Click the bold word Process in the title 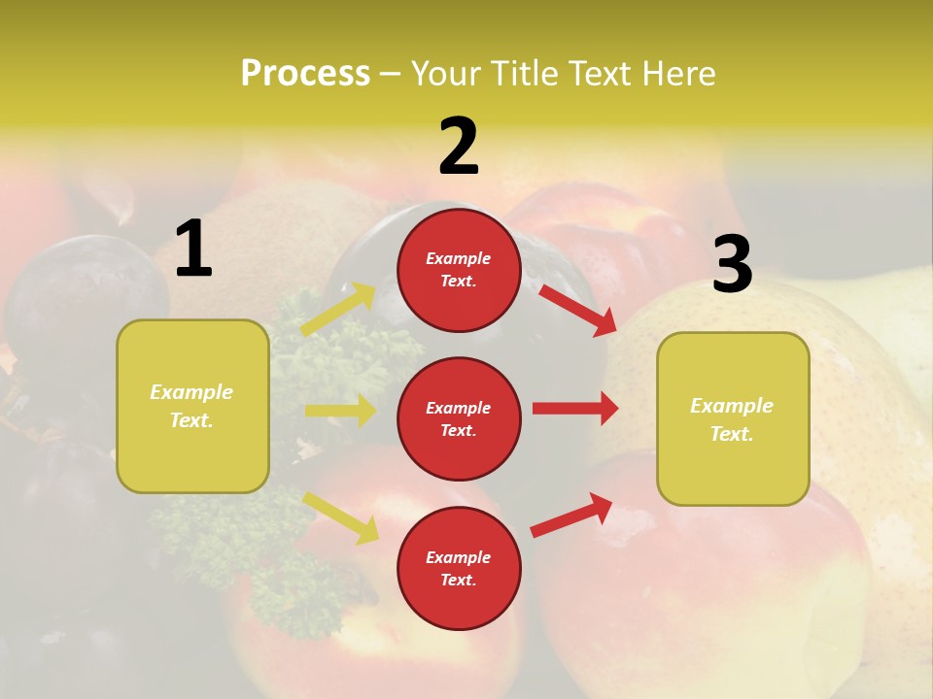click(305, 74)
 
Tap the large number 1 click(193, 250)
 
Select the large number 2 click(459, 147)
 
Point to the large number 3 click(732, 265)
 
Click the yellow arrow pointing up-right click(338, 310)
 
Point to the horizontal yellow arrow click(340, 411)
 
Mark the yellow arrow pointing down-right click(341, 516)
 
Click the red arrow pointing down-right click(577, 310)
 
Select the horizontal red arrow click(575, 409)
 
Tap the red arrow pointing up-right click(571, 515)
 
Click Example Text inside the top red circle click(459, 270)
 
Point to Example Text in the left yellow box click(191, 406)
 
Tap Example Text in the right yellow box click(732, 419)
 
